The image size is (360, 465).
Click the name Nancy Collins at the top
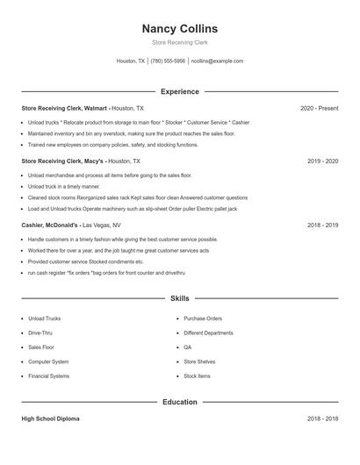coord(179,29)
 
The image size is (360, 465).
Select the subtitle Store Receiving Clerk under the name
coord(179,43)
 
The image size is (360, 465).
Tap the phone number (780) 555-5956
coord(168,61)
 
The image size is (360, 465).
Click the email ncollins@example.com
coord(217,61)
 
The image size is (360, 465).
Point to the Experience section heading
coord(179,91)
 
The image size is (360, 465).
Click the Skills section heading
coord(179,298)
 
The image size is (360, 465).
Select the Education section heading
coord(179,402)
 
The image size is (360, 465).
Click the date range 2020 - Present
coord(319,108)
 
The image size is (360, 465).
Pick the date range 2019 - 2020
coord(322,161)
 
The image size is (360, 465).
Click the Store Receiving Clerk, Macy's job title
coord(62,161)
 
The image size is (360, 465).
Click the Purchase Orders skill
coord(203,318)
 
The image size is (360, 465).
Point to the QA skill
coord(188,347)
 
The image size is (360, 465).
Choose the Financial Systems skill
coord(48,376)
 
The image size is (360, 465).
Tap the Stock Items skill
coord(197,376)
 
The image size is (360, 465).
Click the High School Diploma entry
coord(50,418)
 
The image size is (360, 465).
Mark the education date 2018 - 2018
coord(322,418)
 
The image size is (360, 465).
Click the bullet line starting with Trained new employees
coord(112,145)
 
